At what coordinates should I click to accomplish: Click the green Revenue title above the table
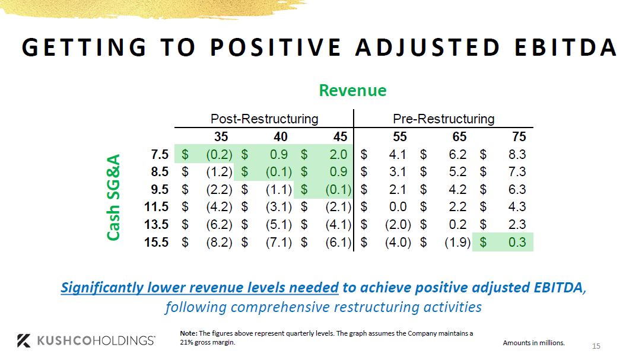(x=352, y=90)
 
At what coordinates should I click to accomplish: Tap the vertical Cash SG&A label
(x=114, y=197)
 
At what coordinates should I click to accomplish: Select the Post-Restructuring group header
(x=264, y=119)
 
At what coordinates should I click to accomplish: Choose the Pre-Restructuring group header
(x=444, y=119)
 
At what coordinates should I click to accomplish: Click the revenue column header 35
(x=221, y=137)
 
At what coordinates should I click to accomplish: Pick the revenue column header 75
(x=519, y=137)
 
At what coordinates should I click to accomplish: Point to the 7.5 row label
(x=160, y=155)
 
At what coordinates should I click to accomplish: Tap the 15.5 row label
(x=157, y=242)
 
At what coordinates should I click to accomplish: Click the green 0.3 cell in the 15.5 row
(x=514, y=242)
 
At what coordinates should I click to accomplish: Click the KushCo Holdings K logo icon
(x=24, y=340)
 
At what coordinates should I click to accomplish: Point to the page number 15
(x=596, y=346)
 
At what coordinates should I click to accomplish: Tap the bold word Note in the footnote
(x=189, y=333)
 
